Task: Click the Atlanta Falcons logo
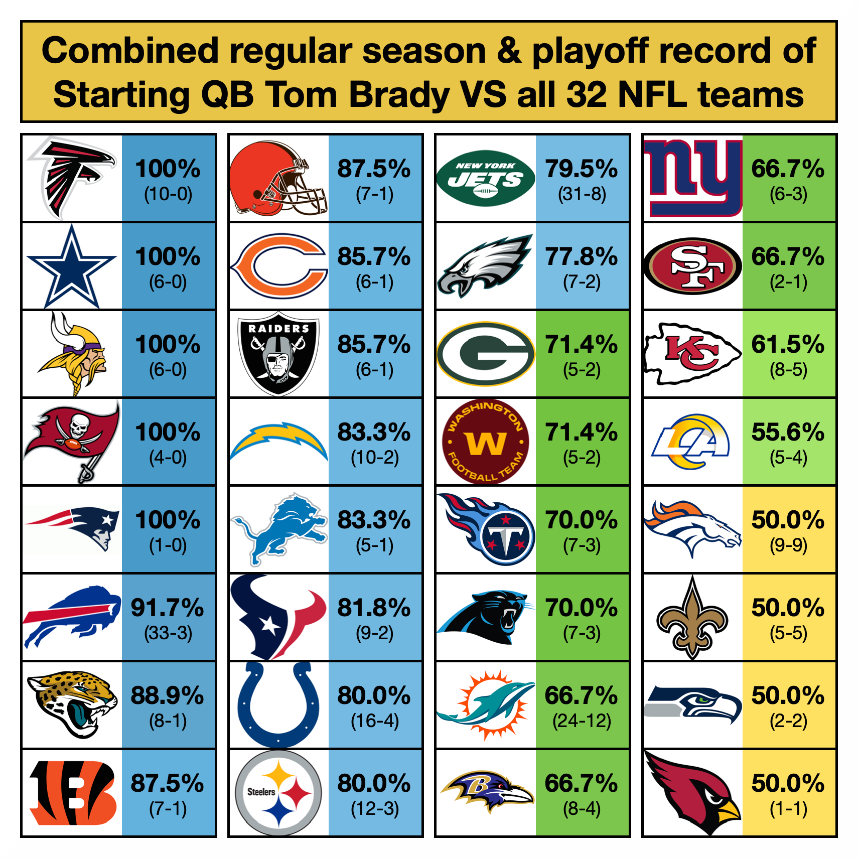click(71, 178)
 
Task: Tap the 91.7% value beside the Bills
click(168, 608)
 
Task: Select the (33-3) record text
click(168, 633)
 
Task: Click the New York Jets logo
click(485, 178)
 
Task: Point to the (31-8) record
click(582, 194)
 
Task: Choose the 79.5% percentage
click(582, 169)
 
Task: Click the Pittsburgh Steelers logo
click(278, 793)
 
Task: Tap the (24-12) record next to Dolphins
click(582, 721)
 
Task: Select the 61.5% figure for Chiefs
click(788, 344)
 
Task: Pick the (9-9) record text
click(788, 545)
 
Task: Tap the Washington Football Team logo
click(485, 442)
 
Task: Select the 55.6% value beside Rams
click(788, 432)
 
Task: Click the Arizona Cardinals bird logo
click(692, 793)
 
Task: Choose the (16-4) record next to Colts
click(375, 721)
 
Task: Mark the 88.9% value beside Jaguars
click(168, 695)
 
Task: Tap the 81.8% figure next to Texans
click(374, 608)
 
